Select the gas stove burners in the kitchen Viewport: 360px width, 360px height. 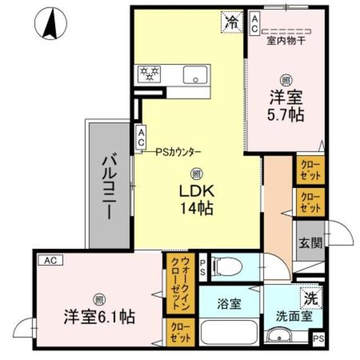coord(150,74)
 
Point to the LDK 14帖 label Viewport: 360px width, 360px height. coord(196,200)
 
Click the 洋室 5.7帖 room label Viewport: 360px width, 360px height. coord(285,106)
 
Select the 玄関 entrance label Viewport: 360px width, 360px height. coord(310,243)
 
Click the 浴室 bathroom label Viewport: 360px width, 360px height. coord(229,304)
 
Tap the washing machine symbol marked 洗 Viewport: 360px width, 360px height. coord(310,298)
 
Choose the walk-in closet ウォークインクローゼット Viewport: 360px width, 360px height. coord(180,283)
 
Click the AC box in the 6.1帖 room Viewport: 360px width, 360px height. coord(51,260)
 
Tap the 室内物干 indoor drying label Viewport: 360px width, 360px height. coord(286,40)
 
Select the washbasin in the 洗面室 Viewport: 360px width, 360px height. coord(279,337)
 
